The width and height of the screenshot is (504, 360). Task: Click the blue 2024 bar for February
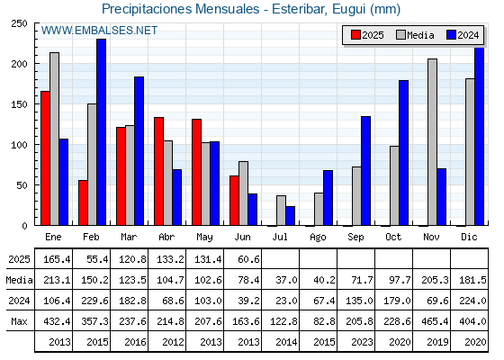(x=101, y=132)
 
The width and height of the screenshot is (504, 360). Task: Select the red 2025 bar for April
(x=158, y=171)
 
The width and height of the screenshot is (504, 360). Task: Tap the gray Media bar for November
(x=432, y=142)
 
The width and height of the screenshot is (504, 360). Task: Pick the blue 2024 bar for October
(x=404, y=153)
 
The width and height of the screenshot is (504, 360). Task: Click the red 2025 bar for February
(x=83, y=202)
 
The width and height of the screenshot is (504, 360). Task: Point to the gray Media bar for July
(x=281, y=211)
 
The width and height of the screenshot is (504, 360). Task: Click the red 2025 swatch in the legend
(x=355, y=35)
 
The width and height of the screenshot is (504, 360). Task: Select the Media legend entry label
(x=420, y=35)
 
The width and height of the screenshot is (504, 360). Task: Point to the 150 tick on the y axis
(x=35, y=104)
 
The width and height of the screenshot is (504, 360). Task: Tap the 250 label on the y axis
(x=19, y=23)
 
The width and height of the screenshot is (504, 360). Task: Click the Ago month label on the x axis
(x=318, y=238)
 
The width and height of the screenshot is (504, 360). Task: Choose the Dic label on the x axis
(x=469, y=237)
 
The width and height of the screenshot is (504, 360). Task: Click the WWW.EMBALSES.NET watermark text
(x=99, y=31)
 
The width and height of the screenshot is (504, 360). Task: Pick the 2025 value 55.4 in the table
(x=97, y=259)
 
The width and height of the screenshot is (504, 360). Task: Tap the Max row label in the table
(x=19, y=321)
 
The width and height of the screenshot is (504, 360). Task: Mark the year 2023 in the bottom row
(x=362, y=342)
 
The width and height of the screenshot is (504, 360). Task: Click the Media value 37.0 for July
(x=286, y=280)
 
